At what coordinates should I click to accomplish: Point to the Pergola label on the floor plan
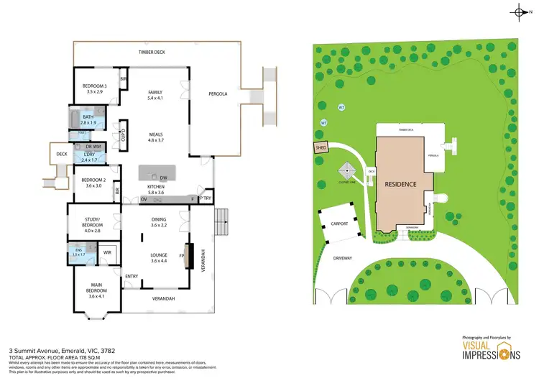point(218,94)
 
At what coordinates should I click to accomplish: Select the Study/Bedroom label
point(93,226)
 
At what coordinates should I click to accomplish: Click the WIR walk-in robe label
point(106,252)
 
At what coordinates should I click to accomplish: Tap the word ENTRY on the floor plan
point(132,276)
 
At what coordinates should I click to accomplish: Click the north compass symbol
point(521,12)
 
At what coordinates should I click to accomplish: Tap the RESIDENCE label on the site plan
point(400,184)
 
